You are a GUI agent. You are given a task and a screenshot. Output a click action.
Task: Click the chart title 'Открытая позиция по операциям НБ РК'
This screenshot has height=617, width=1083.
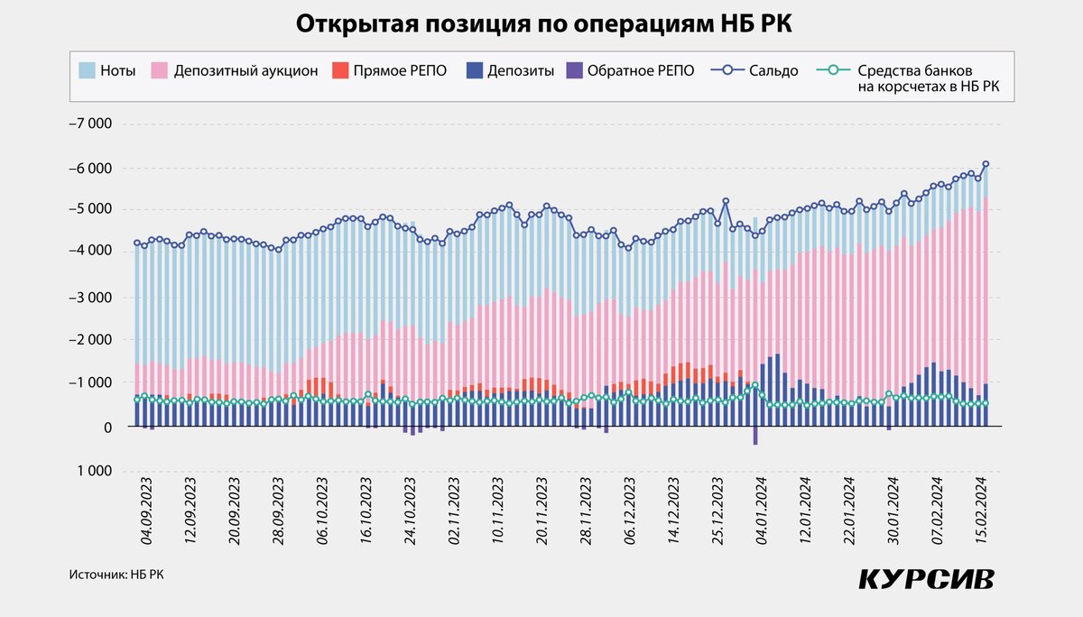point(541,25)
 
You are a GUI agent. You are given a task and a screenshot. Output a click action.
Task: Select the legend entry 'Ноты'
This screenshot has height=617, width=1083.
point(106,70)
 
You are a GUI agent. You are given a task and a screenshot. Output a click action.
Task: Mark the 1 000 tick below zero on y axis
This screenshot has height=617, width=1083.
point(95,472)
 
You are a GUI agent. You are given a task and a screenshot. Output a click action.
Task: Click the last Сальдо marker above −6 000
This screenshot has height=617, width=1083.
point(986,164)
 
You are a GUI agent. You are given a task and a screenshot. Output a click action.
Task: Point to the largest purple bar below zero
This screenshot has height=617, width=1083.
point(755,436)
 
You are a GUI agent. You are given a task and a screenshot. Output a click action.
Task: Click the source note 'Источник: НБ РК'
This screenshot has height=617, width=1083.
point(116,574)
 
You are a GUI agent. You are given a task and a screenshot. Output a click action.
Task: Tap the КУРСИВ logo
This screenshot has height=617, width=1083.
point(926,577)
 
